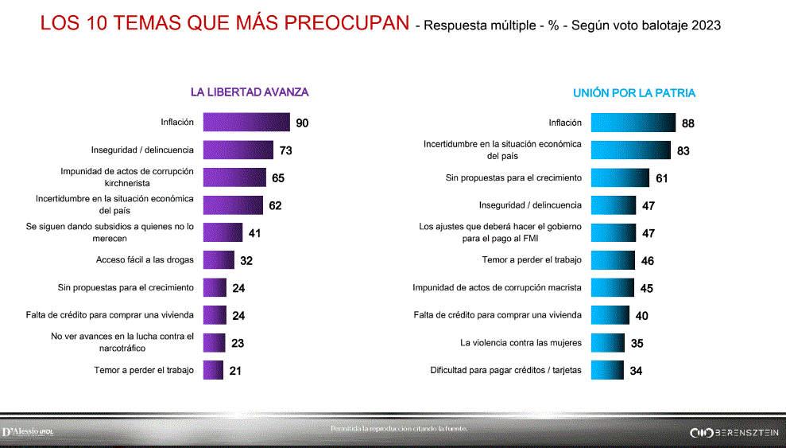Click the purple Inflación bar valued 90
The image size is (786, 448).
[246, 123]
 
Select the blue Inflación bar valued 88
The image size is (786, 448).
[633, 123]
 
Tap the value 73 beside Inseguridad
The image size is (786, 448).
[287, 150]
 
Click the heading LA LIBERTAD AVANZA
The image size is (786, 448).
[250, 92]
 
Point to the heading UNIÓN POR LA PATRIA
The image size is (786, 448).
[634, 93]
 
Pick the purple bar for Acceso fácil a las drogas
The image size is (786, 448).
[219, 260]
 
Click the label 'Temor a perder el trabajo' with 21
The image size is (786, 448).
[144, 370]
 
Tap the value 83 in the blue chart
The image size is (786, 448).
[683, 150]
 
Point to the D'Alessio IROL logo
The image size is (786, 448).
[28, 431]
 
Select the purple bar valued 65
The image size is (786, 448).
[234, 177]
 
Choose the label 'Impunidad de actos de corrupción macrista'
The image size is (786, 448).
[497, 288]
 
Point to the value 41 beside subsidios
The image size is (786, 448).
[254, 233]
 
